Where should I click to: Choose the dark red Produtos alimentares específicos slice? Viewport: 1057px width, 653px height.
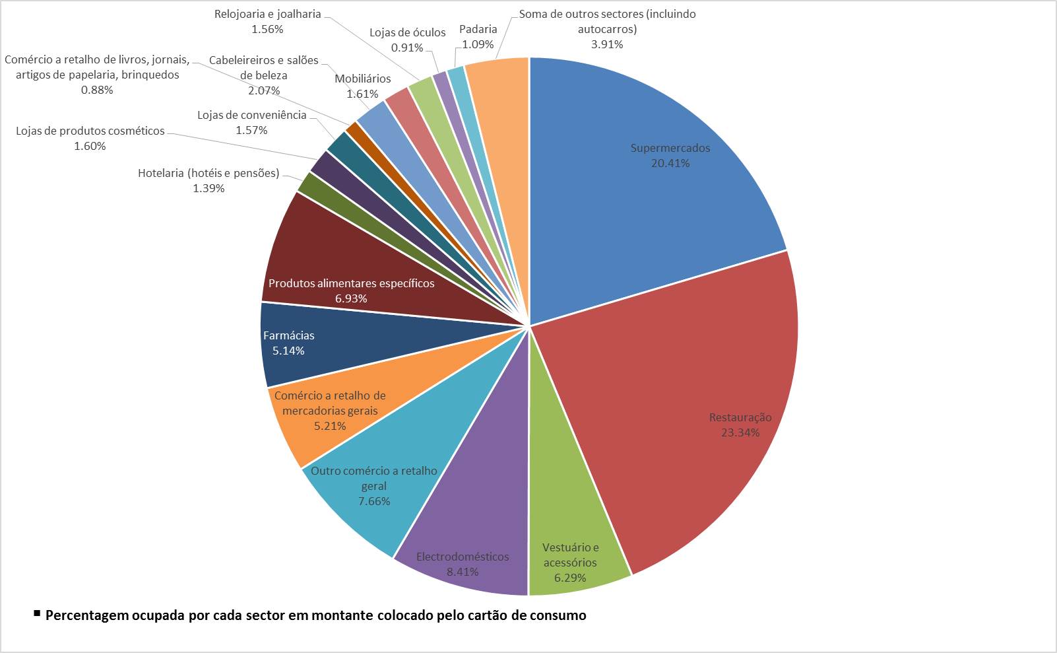(x=369, y=258)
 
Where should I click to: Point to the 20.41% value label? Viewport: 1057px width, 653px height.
(x=670, y=163)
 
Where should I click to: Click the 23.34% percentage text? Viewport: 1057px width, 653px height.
(x=740, y=432)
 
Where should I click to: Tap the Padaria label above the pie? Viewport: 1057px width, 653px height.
(x=478, y=29)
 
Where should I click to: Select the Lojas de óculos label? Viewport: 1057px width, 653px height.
(x=407, y=32)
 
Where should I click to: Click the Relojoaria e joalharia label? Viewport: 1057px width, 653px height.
(x=267, y=14)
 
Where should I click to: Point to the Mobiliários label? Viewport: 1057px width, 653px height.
(x=362, y=79)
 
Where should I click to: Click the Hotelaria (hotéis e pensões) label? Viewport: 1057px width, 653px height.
(x=208, y=173)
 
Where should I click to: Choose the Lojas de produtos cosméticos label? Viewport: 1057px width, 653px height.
(x=90, y=131)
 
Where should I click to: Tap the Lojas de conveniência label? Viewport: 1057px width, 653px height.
(x=252, y=115)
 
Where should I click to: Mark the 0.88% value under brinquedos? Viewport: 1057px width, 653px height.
(x=97, y=90)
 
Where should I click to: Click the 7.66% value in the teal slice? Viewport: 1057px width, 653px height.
(x=374, y=501)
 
